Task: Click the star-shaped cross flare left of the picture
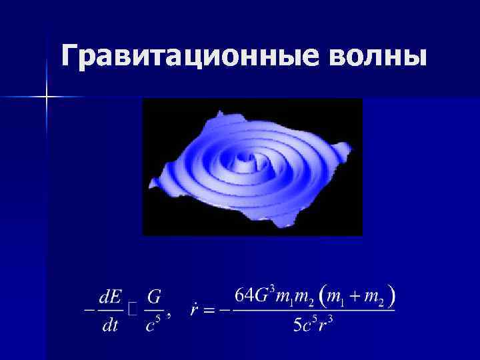47,97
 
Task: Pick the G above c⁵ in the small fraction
155,294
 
